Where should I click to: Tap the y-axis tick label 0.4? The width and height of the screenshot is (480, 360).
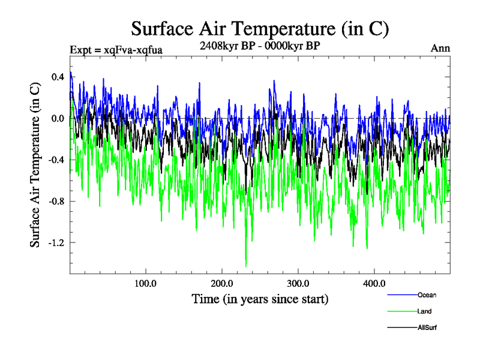point(57,77)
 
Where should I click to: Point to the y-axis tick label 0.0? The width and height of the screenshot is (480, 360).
point(57,118)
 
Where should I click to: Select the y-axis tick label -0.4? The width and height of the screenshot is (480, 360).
point(55,160)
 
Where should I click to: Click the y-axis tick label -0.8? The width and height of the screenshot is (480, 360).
point(55,201)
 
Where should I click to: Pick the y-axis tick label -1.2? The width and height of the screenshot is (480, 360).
point(55,242)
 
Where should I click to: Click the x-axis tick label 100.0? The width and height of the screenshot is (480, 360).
point(146,283)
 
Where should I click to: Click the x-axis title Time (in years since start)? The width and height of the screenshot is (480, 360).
point(260,298)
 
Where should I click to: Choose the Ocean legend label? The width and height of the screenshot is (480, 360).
point(427,295)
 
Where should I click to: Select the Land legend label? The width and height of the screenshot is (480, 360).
point(424,311)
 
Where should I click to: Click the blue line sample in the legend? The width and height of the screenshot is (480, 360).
point(402,295)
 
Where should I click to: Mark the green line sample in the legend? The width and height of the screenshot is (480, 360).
point(402,311)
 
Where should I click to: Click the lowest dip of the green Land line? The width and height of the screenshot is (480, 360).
point(246,266)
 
